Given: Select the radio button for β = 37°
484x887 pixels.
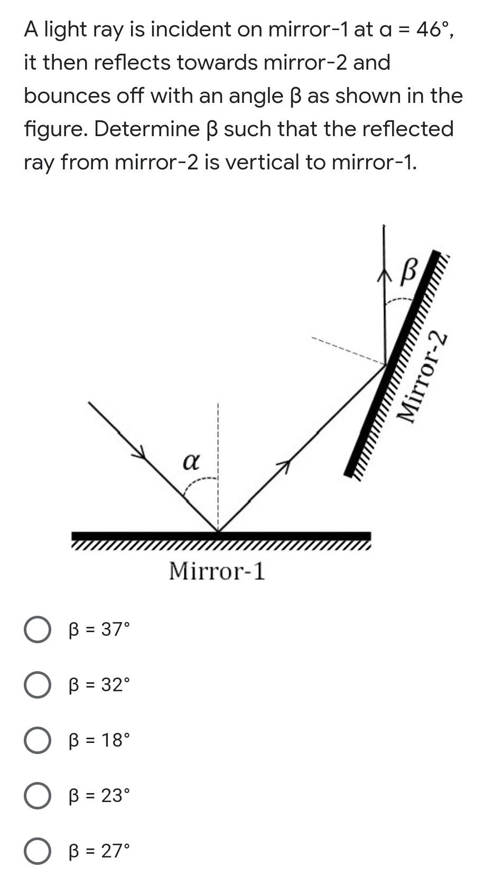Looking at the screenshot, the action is click(x=37, y=630).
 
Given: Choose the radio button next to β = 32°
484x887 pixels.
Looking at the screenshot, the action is click(x=37, y=685).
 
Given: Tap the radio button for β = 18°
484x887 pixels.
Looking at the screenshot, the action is click(x=37, y=740).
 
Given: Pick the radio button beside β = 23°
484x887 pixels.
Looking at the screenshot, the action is click(x=37, y=796).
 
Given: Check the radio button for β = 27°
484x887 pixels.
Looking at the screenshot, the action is click(x=37, y=851).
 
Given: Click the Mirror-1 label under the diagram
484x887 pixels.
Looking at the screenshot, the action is click(x=217, y=571).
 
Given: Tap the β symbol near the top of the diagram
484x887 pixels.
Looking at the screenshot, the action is click(x=410, y=271).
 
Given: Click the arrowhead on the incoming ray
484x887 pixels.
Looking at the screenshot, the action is click(x=139, y=453).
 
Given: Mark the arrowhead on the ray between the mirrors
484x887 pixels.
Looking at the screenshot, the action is click(x=284, y=465).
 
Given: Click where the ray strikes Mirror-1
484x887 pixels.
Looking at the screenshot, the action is click(x=218, y=531).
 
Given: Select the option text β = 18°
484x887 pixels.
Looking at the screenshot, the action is click(x=99, y=740).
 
